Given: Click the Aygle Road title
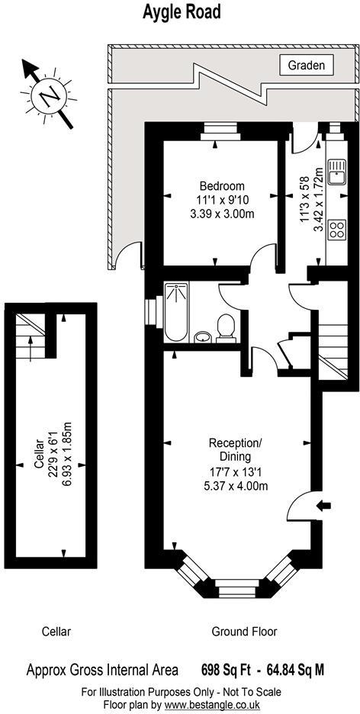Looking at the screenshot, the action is coord(182,12).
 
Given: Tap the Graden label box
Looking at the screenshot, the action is coord(307,65).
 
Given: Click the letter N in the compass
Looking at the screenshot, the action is coord(49,97).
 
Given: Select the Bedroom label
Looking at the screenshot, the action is coord(222,186).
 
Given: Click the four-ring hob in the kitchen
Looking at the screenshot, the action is coord(337,229).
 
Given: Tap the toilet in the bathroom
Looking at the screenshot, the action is coord(225,328).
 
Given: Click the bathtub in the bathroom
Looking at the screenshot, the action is coord(175,312).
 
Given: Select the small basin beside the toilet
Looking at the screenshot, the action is coord(203,337).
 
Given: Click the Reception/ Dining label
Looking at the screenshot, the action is coord(236,449).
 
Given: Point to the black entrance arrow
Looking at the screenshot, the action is coord(324,505).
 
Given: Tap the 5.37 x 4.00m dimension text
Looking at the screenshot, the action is coord(236,487).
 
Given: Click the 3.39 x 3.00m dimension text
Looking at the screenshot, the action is coord(222,213).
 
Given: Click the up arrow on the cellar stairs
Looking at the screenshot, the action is coord(30,349).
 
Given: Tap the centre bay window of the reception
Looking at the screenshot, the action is coord(236,588).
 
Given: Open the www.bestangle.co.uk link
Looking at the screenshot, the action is coord(212,704).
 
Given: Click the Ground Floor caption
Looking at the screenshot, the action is coord(244,632).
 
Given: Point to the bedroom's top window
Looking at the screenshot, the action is coord(222,132).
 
